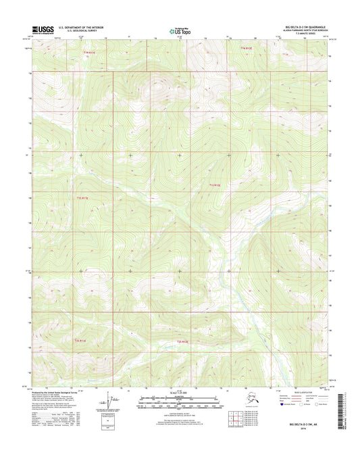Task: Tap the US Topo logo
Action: pyautogui.click(x=179, y=30)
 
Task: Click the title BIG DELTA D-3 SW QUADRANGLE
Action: pyautogui.click(x=304, y=26)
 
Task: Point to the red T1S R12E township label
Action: pyautogui.click(x=215, y=185)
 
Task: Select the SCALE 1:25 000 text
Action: pyautogui.click(x=180, y=393)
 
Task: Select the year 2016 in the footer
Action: pyautogui.click(x=307, y=439)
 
